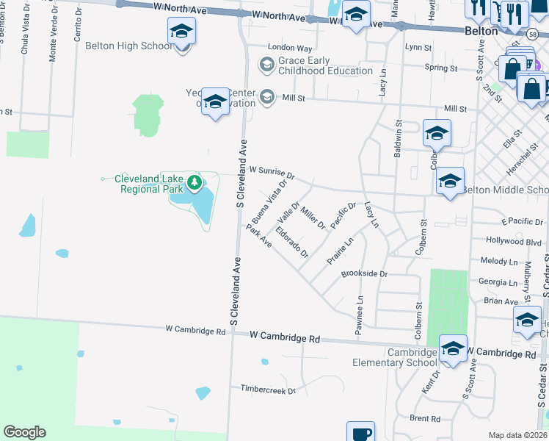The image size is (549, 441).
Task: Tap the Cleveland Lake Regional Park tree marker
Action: click(194, 182)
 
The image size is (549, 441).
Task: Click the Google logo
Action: click(24, 432)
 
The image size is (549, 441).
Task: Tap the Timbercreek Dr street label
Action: click(268, 389)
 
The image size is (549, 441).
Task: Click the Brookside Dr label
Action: click(364, 273)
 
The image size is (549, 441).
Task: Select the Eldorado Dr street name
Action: click(292, 240)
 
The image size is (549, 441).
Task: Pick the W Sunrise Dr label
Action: click(272, 173)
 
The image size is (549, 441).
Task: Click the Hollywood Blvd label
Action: click(514, 240)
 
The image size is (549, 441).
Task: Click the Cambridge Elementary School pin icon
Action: click(453, 348)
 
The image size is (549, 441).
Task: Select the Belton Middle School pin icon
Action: click(449, 182)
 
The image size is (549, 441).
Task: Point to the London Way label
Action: click(285, 47)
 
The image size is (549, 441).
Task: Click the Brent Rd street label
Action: click(425, 418)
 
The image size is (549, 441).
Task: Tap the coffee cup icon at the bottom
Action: click(360, 433)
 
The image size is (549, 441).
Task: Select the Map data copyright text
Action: click(518, 435)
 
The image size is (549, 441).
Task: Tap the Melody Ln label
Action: click(499, 261)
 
